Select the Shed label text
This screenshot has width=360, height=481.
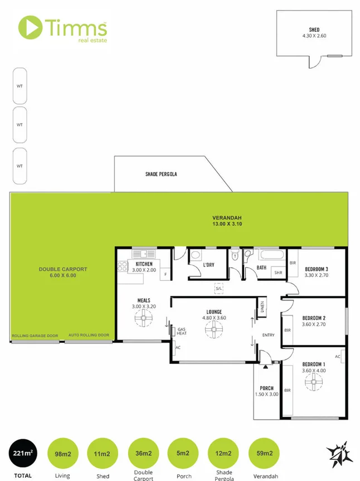click(314, 30)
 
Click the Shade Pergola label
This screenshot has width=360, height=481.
click(161, 174)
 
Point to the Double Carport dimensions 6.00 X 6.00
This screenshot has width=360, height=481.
click(62, 275)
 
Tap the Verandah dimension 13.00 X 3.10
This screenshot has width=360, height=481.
click(227, 224)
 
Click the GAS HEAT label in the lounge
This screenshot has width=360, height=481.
click(182, 332)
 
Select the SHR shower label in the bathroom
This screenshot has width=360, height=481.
click(278, 273)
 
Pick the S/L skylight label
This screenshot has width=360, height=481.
click(219, 289)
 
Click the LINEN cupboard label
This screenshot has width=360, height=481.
click(261, 307)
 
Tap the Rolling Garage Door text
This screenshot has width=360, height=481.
click(35, 336)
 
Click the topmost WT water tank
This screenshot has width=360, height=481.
click(20, 86)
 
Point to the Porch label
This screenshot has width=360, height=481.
click(266, 388)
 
